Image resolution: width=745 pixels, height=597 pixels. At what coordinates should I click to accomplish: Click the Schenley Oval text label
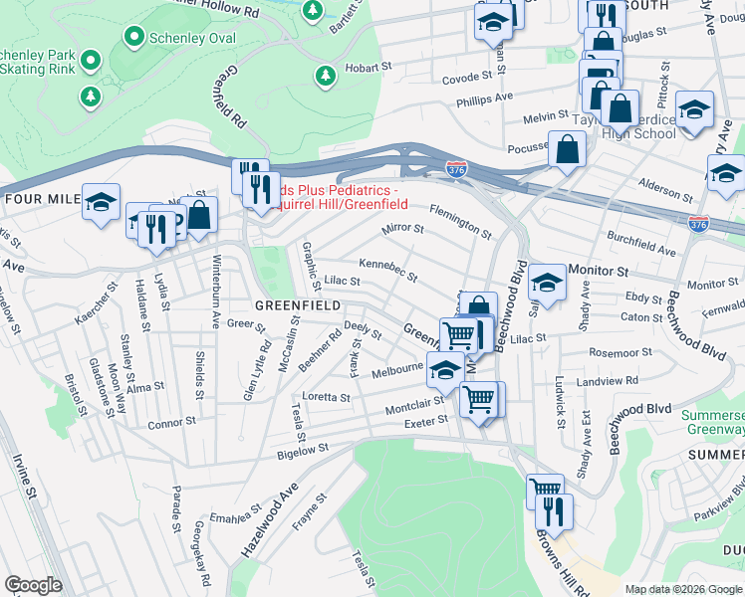click(x=191, y=38)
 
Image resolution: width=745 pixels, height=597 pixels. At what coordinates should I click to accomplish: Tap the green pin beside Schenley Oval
click(x=133, y=38)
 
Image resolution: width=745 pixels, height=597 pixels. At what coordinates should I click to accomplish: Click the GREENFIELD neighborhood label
click(x=298, y=304)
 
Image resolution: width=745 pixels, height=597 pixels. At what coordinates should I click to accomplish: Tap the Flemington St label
click(x=459, y=221)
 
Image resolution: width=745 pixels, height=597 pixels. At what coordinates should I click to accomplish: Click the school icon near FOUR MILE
click(x=101, y=203)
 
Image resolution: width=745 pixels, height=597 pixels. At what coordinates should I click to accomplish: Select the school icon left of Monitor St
click(x=547, y=283)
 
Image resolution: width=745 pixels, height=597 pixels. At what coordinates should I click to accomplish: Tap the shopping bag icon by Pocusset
click(x=567, y=150)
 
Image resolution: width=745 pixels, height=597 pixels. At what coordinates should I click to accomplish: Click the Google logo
click(x=33, y=585)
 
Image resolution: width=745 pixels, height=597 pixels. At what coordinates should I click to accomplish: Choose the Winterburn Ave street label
click(x=215, y=293)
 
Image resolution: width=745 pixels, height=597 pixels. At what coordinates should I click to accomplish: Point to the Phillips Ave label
click(x=484, y=99)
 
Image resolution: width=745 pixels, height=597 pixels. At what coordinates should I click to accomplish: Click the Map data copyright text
click(x=683, y=589)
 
